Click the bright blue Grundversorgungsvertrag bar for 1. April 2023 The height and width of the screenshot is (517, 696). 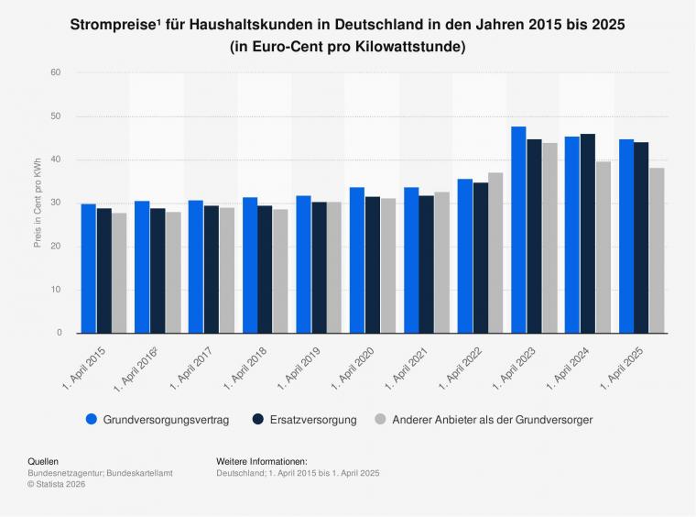(518, 229)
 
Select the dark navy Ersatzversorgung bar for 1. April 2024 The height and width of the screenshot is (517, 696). (588, 233)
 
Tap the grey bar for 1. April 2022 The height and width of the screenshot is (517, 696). (495, 252)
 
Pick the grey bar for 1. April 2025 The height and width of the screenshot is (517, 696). (657, 249)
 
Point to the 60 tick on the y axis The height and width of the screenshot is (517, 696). (56, 72)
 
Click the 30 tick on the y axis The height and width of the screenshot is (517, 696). (56, 203)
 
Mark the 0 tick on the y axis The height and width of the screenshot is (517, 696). (59, 333)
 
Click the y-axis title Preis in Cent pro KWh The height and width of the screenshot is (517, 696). (38, 203)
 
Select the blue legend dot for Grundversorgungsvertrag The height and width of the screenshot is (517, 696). (92, 419)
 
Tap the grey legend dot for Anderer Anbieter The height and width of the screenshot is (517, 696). (379, 419)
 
